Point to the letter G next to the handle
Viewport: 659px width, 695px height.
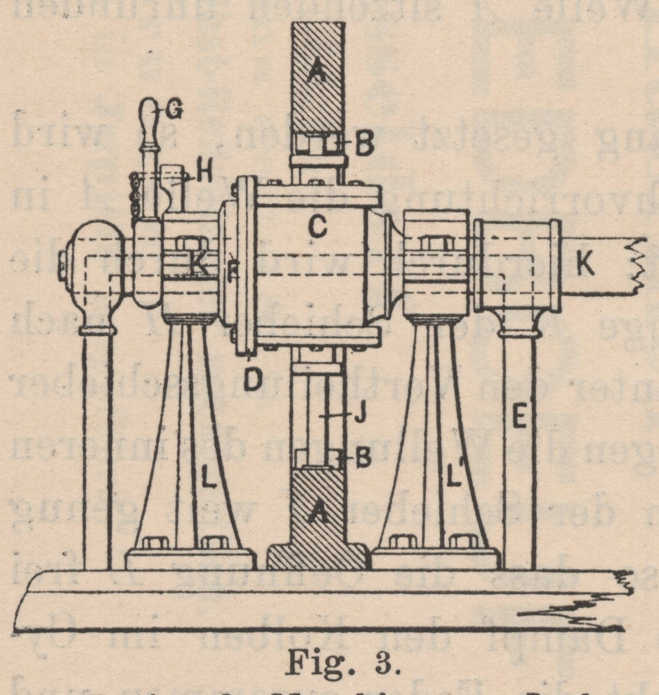tap(173, 111)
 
